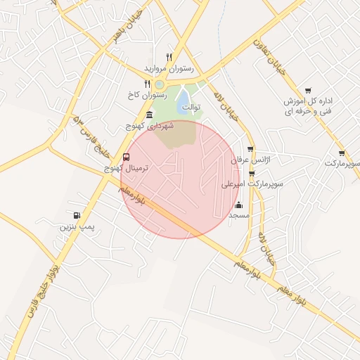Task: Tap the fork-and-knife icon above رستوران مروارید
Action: pyautogui.click(x=169, y=57)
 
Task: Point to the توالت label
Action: pyautogui.click(x=189, y=108)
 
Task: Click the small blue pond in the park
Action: pyautogui.click(x=182, y=96)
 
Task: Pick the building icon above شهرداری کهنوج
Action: pyautogui.click(x=148, y=115)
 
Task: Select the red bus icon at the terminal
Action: pyautogui.click(x=126, y=157)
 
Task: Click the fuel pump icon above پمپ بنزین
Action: pyautogui.click(x=76, y=215)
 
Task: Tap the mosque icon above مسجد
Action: pyautogui.click(x=238, y=205)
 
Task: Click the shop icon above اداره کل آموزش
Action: pyautogui.click(x=308, y=90)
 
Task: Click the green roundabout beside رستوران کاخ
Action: pyautogui.click(x=160, y=84)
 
